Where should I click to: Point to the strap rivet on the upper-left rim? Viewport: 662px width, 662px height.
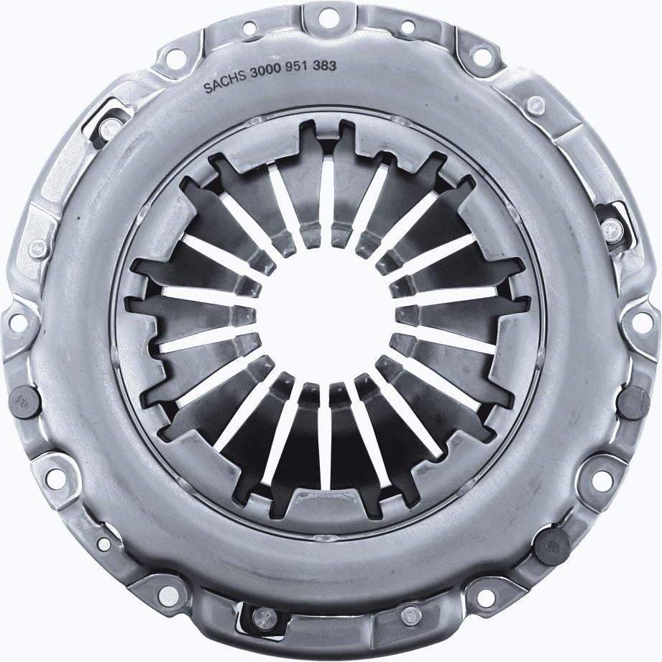108,128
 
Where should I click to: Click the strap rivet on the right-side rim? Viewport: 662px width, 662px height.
611,230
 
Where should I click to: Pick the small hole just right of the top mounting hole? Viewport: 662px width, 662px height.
408,28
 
